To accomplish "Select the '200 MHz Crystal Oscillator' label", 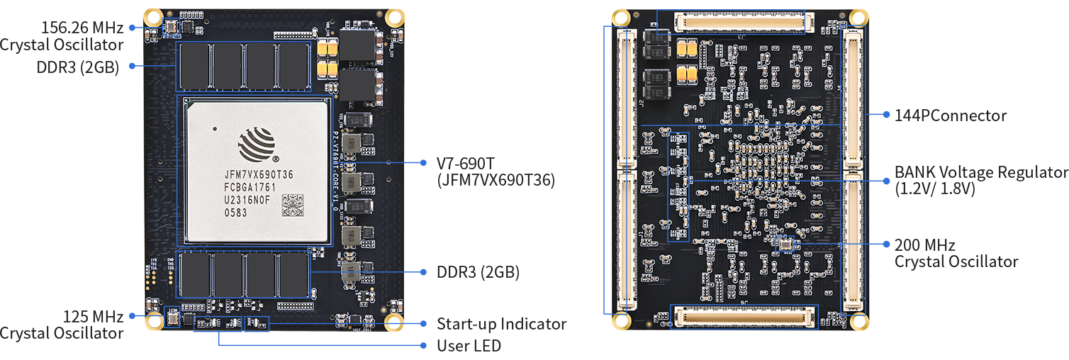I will pyautogui.click(x=956, y=253).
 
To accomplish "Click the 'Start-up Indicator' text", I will pyautogui.click(x=501, y=324).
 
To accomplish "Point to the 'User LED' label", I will pyautogui.click(x=469, y=346).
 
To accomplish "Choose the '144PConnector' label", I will pyautogui.click(x=950, y=115).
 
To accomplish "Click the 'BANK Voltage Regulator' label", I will pyautogui.click(x=980, y=172).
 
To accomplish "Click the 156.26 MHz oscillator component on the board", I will pyautogui.click(x=170, y=28).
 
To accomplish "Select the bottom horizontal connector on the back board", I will pyautogui.click(x=743, y=316).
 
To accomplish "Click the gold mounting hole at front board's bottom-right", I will pyautogui.click(x=395, y=321).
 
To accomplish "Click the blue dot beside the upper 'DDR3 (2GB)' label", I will pyautogui.click(x=132, y=66).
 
